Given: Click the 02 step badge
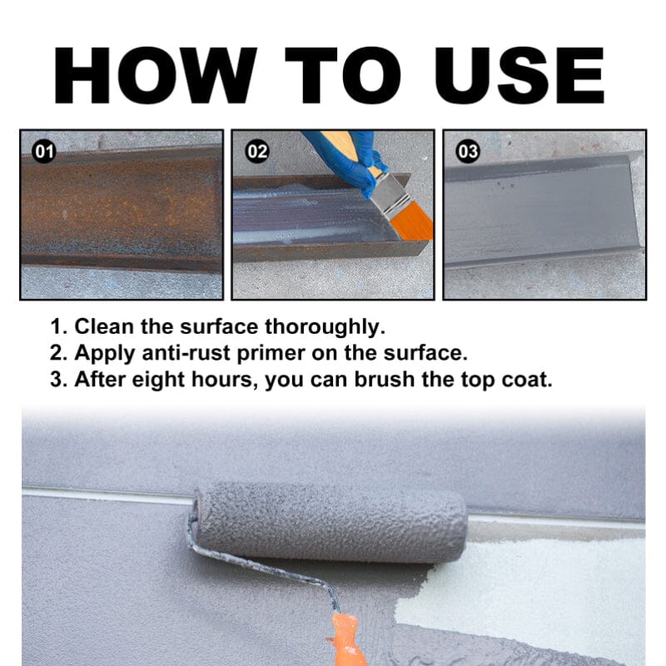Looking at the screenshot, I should pyautogui.click(x=257, y=152).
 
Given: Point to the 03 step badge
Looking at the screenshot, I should pyautogui.click(x=469, y=152).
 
